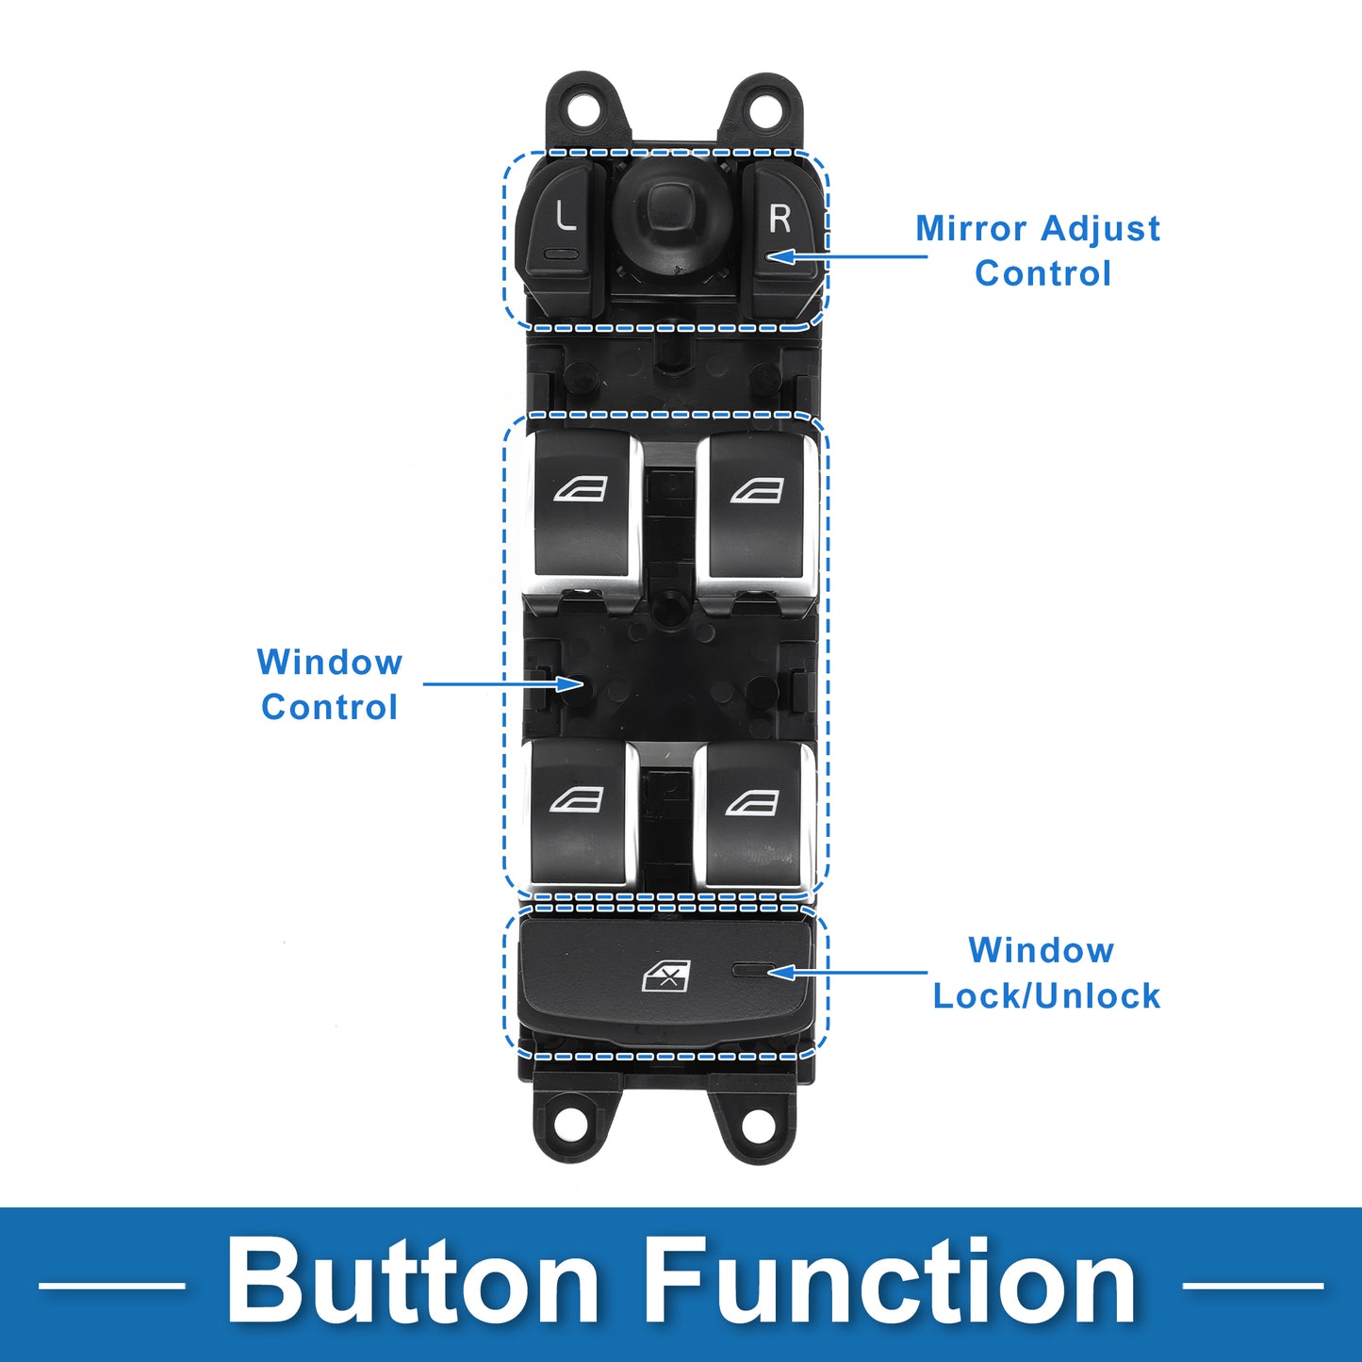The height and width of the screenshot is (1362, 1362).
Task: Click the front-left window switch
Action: coord(581,504)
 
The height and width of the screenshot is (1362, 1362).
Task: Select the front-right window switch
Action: coord(757,504)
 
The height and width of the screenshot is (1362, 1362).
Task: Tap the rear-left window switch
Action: coord(577,811)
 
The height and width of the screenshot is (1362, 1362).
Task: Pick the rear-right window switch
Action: coord(753,811)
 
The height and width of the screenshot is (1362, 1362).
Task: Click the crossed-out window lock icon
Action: coord(666,976)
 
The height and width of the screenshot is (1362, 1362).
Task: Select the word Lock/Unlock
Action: coord(1046,996)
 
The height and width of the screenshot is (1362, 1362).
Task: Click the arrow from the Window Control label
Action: coord(504,683)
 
